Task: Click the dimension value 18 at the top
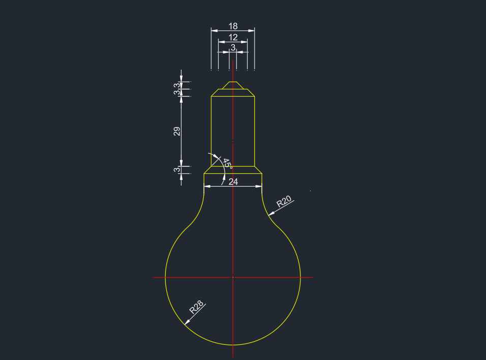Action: click(x=233, y=26)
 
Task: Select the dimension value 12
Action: click(x=233, y=37)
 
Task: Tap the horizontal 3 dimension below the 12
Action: click(x=233, y=47)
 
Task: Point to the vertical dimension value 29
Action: click(x=177, y=131)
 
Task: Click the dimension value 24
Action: click(x=233, y=182)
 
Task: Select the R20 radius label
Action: click(x=284, y=201)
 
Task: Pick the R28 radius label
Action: click(x=197, y=307)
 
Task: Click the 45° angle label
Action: click(x=228, y=163)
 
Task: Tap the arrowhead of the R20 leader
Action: click(x=271, y=214)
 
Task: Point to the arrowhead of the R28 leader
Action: click(x=187, y=322)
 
